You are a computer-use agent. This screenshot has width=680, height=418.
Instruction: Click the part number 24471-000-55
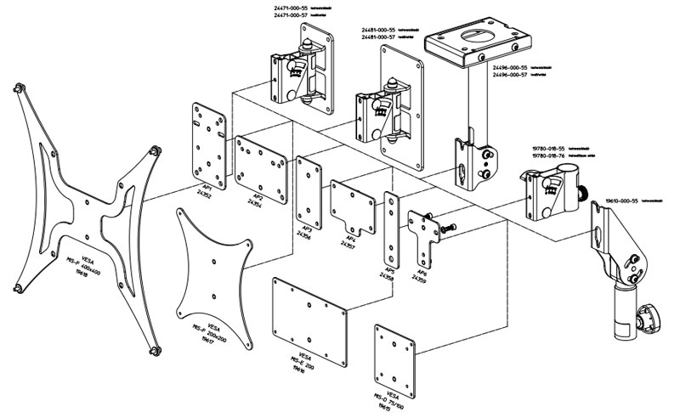tap(294, 7)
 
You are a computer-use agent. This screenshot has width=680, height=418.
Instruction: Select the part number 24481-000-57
tap(380, 37)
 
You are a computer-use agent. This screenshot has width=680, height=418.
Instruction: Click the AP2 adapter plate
tap(261, 161)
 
